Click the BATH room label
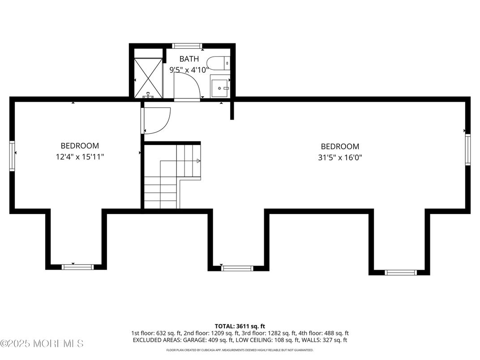(189, 59)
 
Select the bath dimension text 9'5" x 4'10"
(189, 69)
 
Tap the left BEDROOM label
(80, 146)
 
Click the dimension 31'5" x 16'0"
(340, 157)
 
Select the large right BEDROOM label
(340, 146)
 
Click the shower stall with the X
(148, 77)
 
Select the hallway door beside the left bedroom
(156, 120)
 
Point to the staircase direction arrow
(198, 160)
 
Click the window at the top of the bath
(187, 46)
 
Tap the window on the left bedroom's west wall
(12, 156)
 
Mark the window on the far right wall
(467, 150)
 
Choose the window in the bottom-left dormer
(77, 267)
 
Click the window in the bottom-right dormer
(401, 272)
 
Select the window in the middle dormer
(237, 269)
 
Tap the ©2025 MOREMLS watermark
(42, 344)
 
